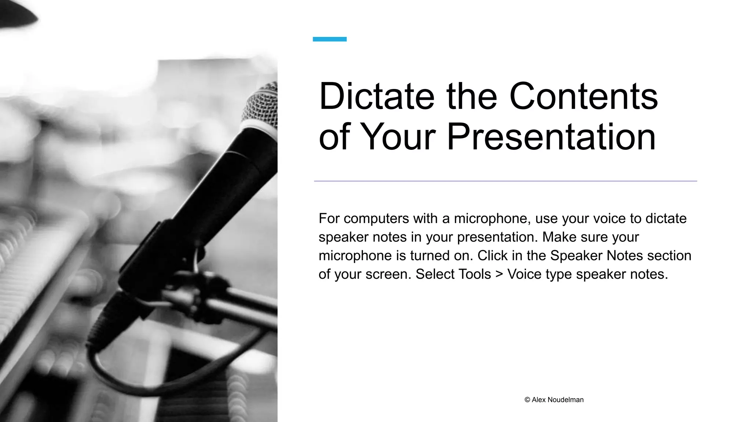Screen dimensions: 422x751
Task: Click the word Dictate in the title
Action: pyautogui.click(x=377, y=96)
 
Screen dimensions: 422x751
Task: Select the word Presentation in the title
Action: pyautogui.click(x=551, y=137)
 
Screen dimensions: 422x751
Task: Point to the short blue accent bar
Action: pyautogui.click(x=329, y=39)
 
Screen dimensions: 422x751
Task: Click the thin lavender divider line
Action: pyautogui.click(x=505, y=181)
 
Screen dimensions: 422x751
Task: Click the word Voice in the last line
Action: pyautogui.click(x=524, y=274)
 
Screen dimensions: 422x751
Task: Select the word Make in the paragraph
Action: pyautogui.click(x=559, y=237)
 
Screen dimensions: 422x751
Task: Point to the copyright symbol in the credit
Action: pyautogui.click(x=527, y=400)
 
